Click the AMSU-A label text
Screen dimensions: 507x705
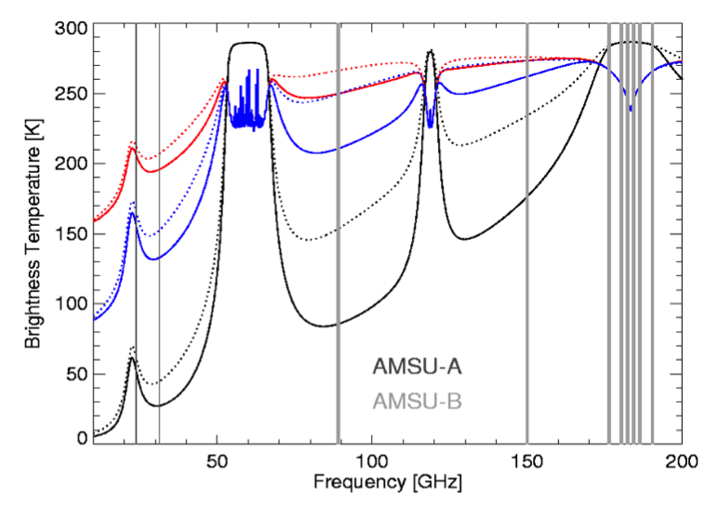click(x=418, y=366)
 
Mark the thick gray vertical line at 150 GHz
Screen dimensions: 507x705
click(x=527, y=233)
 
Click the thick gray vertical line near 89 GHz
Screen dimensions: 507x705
click(x=338, y=233)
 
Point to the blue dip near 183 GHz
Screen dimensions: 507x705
click(x=631, y=108)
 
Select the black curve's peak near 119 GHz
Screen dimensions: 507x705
click(x=430, y=52)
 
